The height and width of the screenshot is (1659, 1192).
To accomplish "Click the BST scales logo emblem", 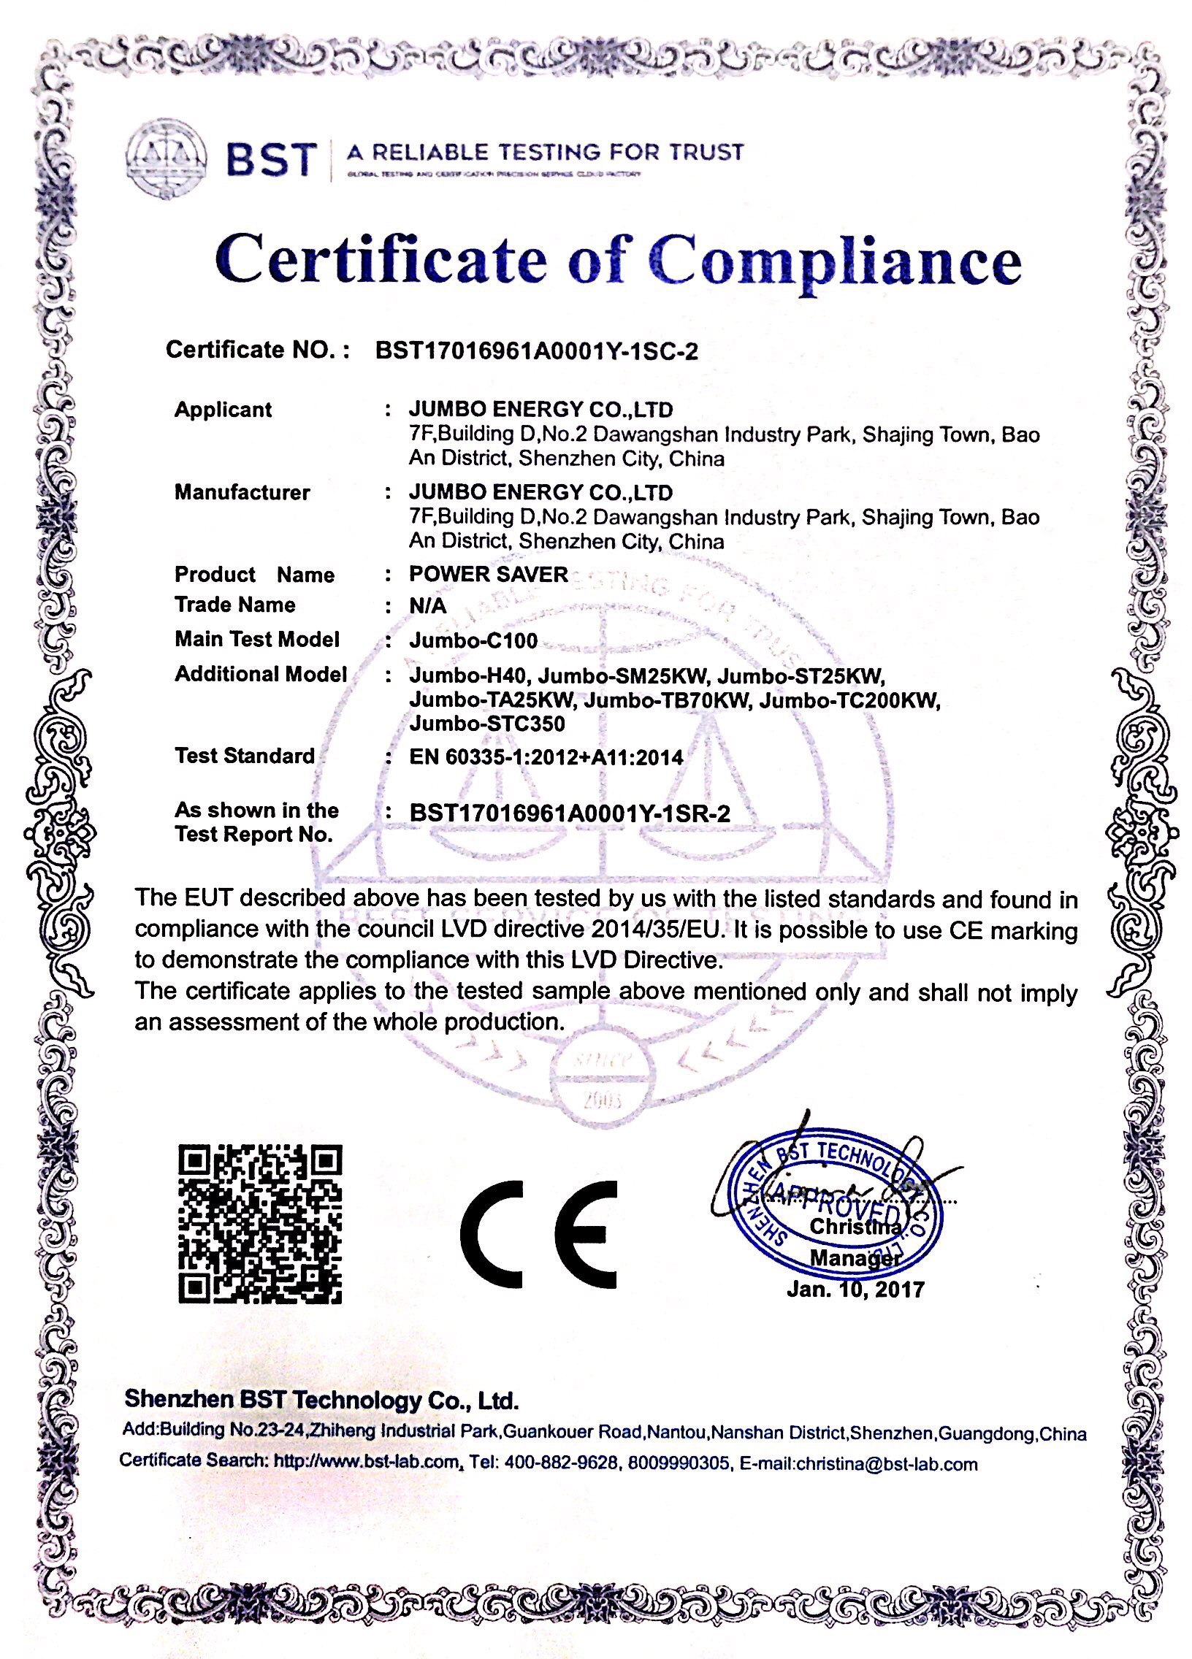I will [165, 160].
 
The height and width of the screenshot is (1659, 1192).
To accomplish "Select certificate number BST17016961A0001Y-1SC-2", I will [536, 351].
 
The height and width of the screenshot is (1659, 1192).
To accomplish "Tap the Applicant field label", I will [223, 409].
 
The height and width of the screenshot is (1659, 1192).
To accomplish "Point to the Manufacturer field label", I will [242, 491].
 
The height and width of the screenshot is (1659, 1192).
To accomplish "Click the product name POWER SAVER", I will [488, 574].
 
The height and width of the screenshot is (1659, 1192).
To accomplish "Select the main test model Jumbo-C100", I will [473, 640].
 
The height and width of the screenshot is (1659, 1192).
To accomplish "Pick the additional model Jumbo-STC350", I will [486, 724].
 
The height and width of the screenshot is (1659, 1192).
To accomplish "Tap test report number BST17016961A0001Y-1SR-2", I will [569, 813].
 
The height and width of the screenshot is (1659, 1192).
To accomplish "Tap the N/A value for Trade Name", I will [427, 605].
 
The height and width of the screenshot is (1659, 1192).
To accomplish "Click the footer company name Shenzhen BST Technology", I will [321, 1398].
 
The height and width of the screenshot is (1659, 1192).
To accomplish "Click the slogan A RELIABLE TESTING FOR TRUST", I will [544, 152].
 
